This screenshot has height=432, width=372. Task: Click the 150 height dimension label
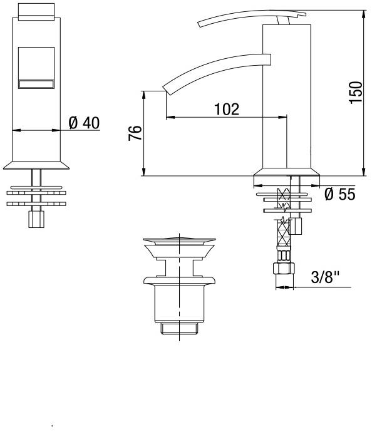[x=356, y=93]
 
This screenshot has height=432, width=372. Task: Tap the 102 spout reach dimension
[x=227, y=109]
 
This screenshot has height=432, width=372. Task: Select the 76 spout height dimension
[x=135, y=133]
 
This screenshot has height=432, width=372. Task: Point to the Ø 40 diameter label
[x=84, y=123]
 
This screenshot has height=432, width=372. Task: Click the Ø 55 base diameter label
[x=340, y=194]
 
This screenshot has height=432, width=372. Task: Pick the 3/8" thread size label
[x=325, y=277]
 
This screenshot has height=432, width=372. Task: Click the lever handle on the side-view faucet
[x=252, y=18]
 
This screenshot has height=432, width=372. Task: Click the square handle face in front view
[x=36, y=68]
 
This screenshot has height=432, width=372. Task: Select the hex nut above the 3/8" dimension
[x=284, y=269]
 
